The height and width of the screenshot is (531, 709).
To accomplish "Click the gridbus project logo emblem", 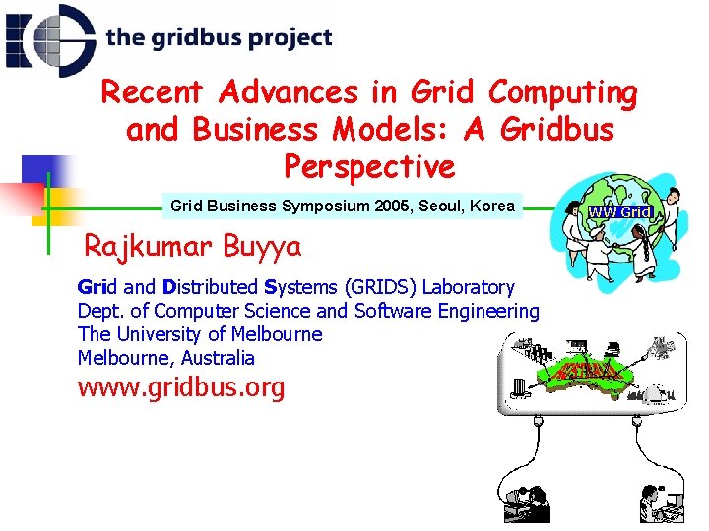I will (x=49, y=39).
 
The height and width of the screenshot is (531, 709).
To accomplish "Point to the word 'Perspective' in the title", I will (x=369, y=166).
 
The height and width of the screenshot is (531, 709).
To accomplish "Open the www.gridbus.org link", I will (x=180, y=387).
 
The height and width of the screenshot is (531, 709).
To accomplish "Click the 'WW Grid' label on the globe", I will (x=619, y=212).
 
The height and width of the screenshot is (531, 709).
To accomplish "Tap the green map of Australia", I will (x=581, y=372).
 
